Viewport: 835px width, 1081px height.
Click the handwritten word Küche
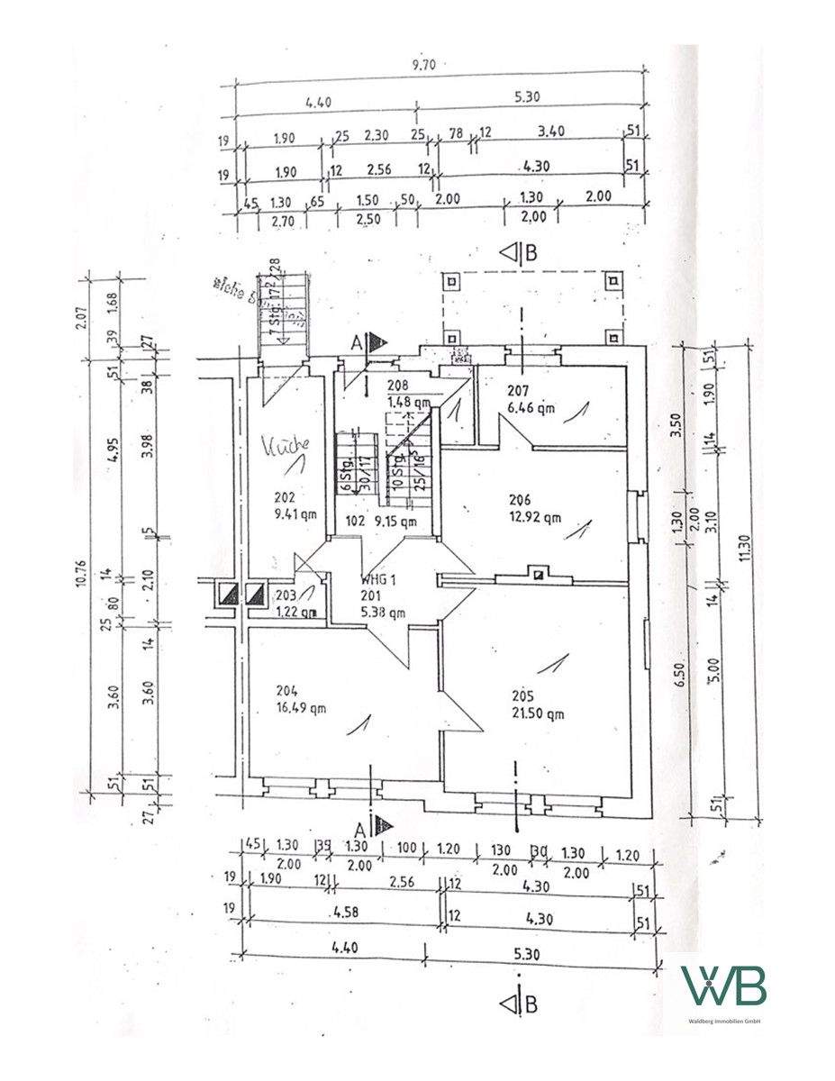pos(286,444)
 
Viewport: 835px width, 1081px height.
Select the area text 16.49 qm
pos(303,707)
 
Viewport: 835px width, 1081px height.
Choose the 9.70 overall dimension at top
pos(438,66)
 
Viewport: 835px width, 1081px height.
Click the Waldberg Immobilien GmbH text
pos(724,1021)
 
